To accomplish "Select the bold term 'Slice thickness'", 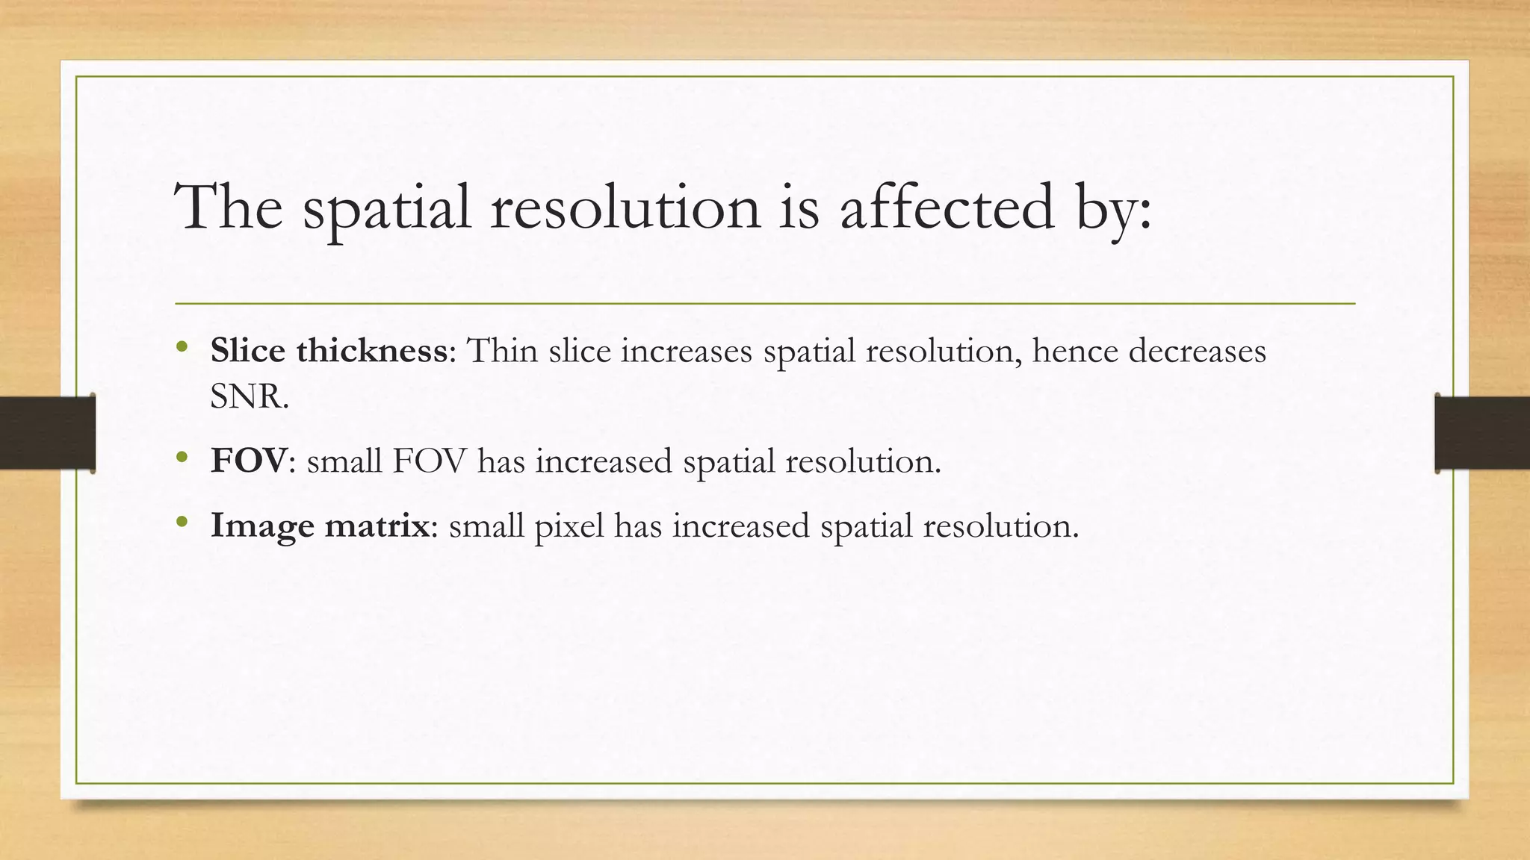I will pyautogui.click(x=329, y=350).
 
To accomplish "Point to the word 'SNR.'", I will pyautogui.click(x=249, y=396).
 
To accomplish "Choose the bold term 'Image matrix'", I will pyautogui.click(x=320, y=526).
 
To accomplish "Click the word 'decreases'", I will pyautogui.click(x=1197, y=350).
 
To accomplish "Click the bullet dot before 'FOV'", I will pyautogui.click(x=182, y=457).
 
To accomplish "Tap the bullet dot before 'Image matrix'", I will pyautogui.click(x=182, y=522).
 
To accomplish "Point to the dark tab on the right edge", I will pyautogui.click(x=1482, y=433).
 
